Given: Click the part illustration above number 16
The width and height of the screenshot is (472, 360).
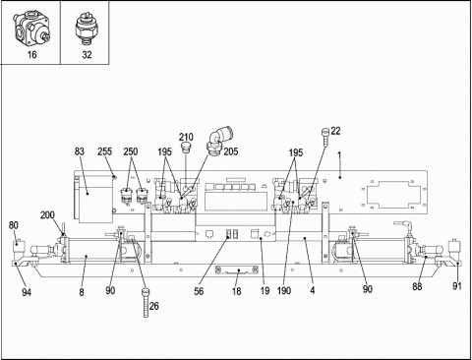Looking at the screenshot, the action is [31, 30].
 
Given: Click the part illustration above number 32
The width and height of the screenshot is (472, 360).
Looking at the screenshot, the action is [87, 30].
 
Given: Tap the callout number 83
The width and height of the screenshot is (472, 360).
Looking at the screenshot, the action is [80, 151].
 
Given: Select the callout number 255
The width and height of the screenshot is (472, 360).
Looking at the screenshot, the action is [104, 151].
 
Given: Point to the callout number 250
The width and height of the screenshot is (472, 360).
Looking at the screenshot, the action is [131, 151].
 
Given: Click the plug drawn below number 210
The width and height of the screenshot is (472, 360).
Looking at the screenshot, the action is [186, 148].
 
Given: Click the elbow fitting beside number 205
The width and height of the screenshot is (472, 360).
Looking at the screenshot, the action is [219, 139].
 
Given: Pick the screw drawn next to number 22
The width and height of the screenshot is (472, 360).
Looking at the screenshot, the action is [324, 136].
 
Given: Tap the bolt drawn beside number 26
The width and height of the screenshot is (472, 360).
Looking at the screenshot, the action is [146, 303].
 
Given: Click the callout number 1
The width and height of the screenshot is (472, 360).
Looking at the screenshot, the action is [339, 154].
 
